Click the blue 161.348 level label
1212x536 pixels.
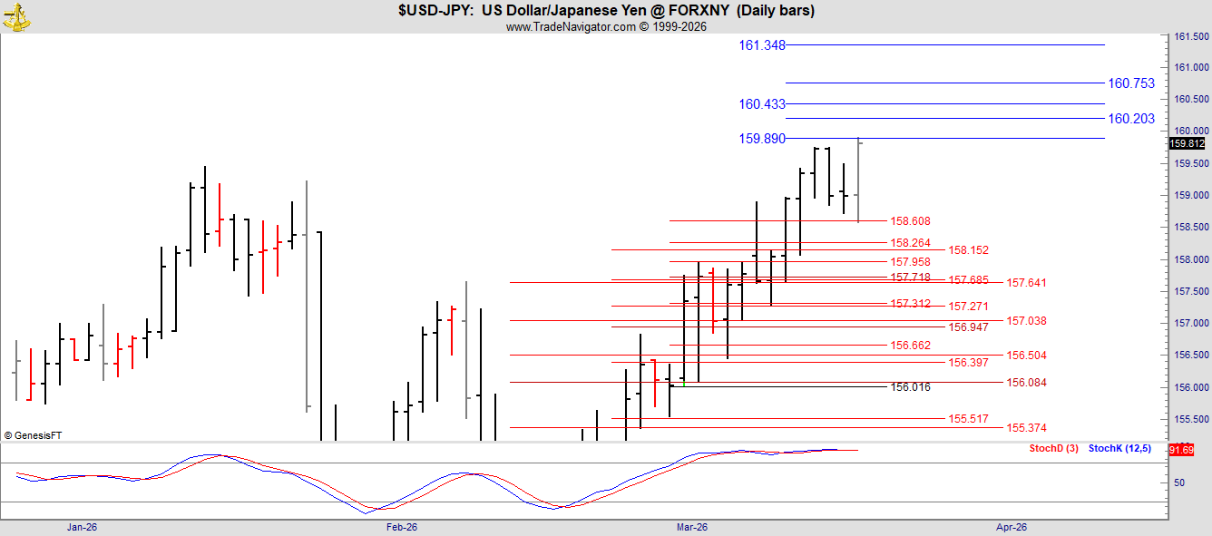coord(762,45)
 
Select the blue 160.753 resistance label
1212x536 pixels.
coord(1131,83)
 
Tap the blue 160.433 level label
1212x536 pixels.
coord(762,104)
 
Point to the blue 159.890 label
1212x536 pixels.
coord(762,139)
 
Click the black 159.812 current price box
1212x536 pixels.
coord(1188,143)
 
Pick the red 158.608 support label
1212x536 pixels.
coord(911,221)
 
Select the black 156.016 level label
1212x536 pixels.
coord(911,387)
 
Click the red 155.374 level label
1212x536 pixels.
coord(1026,428)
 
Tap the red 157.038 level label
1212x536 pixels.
coord(1026,321)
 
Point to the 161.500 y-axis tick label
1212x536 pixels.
coord(1191,37)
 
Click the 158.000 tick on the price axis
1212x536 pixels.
coord(1191,259)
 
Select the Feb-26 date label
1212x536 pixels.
coord(402,527)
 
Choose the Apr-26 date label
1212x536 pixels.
coord(1012,527)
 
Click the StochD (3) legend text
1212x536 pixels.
coord(1053,448)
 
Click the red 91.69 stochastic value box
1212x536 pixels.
coord(1181,450)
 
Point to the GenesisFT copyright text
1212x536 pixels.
coord(34,435)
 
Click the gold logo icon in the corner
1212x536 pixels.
coord(16,16)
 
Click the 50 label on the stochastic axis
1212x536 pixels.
coord(1179,482)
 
